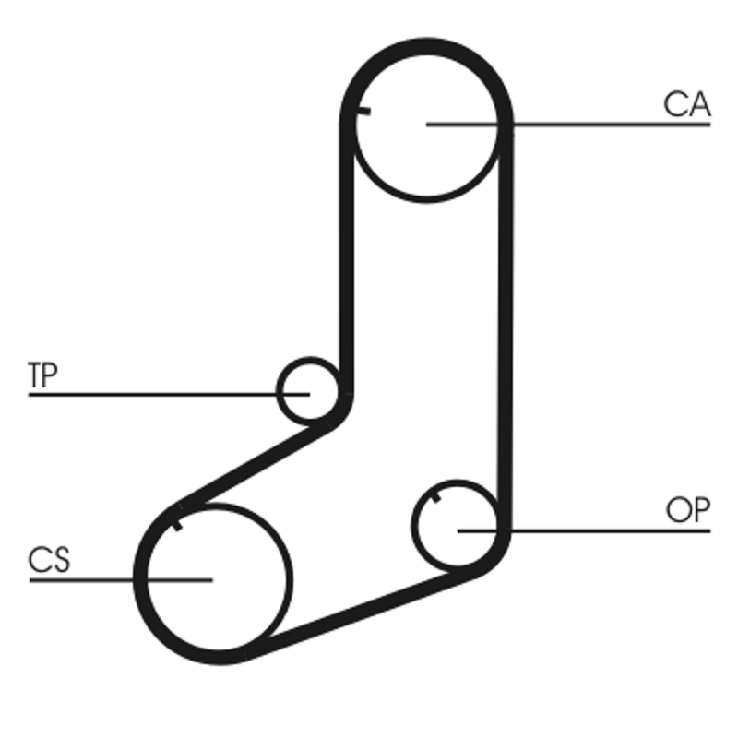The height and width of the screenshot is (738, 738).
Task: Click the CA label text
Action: pos(686,104)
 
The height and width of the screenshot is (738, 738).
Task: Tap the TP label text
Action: pos(42,375)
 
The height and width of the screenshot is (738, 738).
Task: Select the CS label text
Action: pos(49,560)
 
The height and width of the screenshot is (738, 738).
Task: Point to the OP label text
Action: pos(687,510)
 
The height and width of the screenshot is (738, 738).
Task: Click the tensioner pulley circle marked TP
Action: pos(279,391)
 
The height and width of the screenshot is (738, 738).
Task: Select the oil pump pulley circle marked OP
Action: pos(413,526)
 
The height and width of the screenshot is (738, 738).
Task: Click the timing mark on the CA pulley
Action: pos(363,111)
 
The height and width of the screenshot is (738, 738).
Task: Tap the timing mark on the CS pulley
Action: pos(177,526)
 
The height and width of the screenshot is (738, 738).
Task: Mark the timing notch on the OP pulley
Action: pos(436,497)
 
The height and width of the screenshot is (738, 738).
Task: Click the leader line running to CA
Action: pos(568,125)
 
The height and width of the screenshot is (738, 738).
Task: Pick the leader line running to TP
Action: pos(169,395)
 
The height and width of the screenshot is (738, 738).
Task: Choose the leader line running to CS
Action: pos(121,580)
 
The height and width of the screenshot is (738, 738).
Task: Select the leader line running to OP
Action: pos(584,531)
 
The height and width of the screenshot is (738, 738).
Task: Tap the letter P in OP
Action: pos(702,510)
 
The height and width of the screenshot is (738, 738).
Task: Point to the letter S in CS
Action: pos(61,560)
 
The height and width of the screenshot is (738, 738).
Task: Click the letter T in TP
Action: pos(35,375)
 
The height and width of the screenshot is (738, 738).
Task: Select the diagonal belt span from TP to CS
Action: pos(256,464)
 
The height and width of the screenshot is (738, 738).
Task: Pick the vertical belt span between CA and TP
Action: pos(347,259)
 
